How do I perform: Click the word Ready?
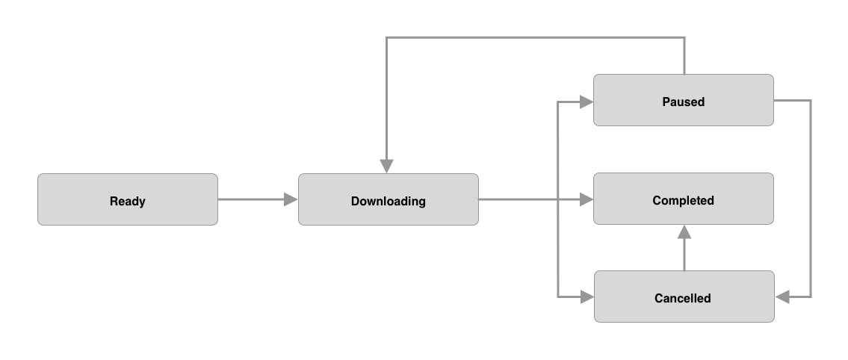point(128,201)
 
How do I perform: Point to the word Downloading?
point(388,201)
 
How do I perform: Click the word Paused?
point(683,102)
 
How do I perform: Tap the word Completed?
point(683,200)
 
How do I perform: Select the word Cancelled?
point(683,298)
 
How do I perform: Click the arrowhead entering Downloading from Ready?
point(291,199)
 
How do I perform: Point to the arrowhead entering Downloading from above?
point(386,166)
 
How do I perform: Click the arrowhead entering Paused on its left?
point(587,101)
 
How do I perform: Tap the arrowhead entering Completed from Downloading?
point(587,199)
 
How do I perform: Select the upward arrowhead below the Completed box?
point(684,232)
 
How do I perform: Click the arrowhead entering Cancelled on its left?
point(587,297)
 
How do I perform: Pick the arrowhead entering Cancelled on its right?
point(783,297)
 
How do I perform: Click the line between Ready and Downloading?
point(250,199)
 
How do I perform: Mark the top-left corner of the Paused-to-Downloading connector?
point(386,37)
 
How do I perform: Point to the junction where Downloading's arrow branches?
point(559,199)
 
